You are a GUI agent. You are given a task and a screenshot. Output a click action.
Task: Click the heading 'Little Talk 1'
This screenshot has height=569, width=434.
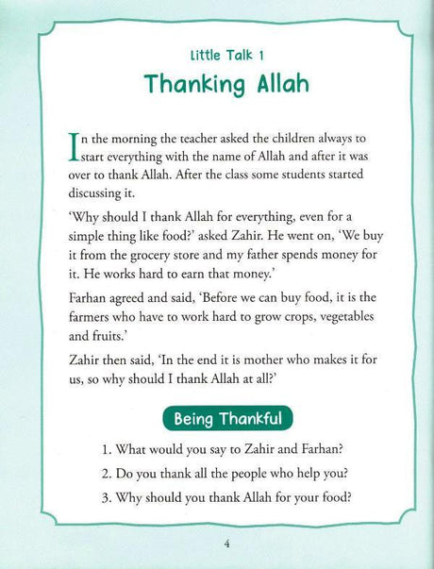[216, 56]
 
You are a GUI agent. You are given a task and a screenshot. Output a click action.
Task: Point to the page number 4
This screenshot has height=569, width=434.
[216, 543]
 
